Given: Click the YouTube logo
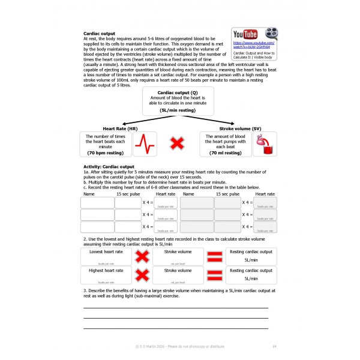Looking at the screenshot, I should [x=245, y=34].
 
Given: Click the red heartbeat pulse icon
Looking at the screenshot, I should [x=143, y=143].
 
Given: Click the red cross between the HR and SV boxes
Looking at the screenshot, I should [x=176, y=143].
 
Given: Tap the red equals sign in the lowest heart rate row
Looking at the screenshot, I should [x=214, y=257].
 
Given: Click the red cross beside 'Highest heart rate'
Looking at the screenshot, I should [x=142, y=275].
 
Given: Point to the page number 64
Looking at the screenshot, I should [x=274, y=346].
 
